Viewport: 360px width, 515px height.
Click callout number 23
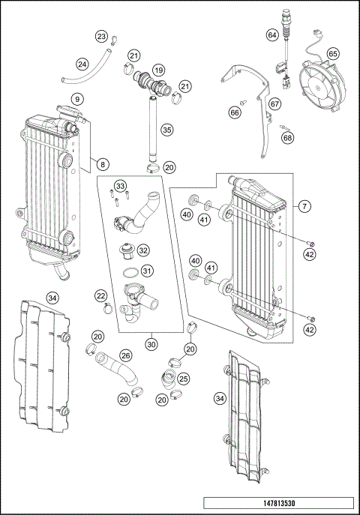tap(101, 37)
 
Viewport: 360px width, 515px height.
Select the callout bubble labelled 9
tap(76, 99)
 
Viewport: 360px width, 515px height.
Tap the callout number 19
tap(158, 70)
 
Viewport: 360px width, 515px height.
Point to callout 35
tap(166, 129)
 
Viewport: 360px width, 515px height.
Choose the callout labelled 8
tap(103, 163)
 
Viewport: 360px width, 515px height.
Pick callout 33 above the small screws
tap(120, 185)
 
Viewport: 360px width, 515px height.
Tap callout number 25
tap(184, 380)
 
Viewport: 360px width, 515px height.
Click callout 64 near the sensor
tap(272, 35)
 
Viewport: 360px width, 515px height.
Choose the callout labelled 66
tap(235, 112)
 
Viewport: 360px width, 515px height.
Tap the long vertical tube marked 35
tap(151, 127)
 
